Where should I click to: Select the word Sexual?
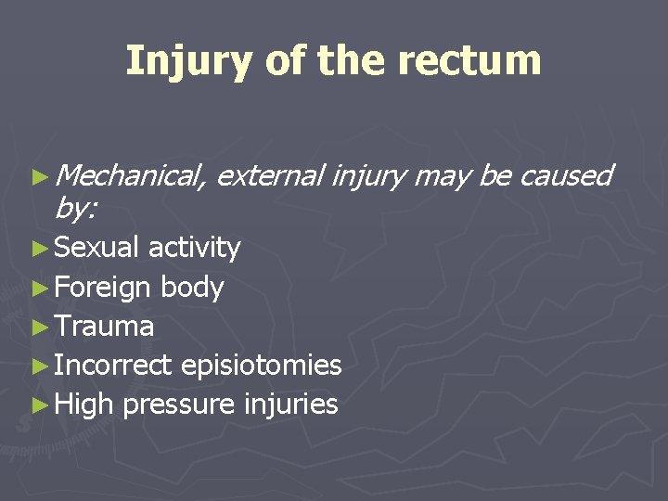click(96, 248)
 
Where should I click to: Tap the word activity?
click(194, 248)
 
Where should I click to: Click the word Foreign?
click(102, 288)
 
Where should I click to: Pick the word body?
click(191, 288)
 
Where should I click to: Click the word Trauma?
click(104, 326)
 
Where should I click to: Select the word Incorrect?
click(112, 365)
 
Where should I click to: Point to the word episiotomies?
click(261, 365)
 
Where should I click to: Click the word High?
click(83, 404)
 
